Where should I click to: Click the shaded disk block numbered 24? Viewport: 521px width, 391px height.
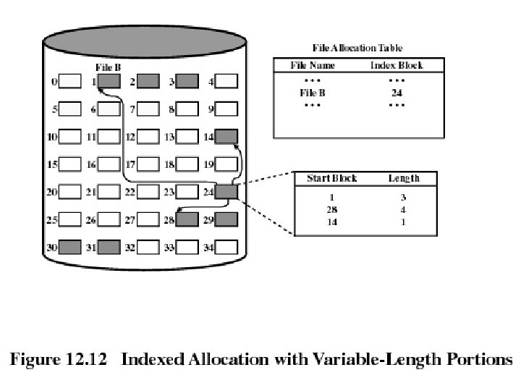click(226, 192)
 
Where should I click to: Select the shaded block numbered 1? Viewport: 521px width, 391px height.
click(109, 81)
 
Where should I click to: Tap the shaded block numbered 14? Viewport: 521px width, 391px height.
click(226, 135)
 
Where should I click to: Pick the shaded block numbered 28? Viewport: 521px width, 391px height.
click(187, 219)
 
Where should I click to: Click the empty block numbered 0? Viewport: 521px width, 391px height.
click(69, 81)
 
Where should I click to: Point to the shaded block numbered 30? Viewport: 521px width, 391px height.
click(69, 247)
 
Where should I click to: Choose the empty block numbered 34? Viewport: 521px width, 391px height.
click(226, 247)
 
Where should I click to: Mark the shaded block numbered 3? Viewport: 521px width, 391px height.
click(187, 81)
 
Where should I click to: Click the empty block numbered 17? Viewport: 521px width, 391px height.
click(148, 164)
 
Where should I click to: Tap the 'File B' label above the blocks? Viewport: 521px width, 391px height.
click(107, 67)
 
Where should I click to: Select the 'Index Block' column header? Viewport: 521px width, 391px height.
click(396, 65)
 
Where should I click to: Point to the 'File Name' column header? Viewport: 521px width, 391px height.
click(312, 65)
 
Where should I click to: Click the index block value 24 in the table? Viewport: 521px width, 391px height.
click(396, 93)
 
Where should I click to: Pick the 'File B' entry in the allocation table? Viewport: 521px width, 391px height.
click(312, 93)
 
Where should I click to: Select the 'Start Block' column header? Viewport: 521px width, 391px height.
click(331, 178)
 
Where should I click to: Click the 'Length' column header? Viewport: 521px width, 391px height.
click(403, 178)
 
